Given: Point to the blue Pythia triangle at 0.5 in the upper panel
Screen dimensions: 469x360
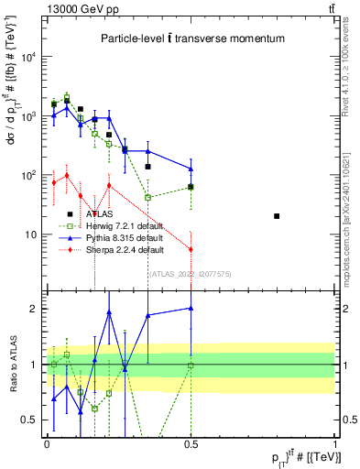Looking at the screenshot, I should click(191, 169).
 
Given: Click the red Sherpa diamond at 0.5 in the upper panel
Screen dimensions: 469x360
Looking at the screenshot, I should click(191, 249).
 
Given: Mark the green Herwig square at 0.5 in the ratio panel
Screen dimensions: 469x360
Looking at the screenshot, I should click(191, 365).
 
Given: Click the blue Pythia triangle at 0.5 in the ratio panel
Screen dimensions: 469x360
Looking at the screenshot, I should click(191, 309).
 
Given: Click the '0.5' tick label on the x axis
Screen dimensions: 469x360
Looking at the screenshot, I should click(191, 443).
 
